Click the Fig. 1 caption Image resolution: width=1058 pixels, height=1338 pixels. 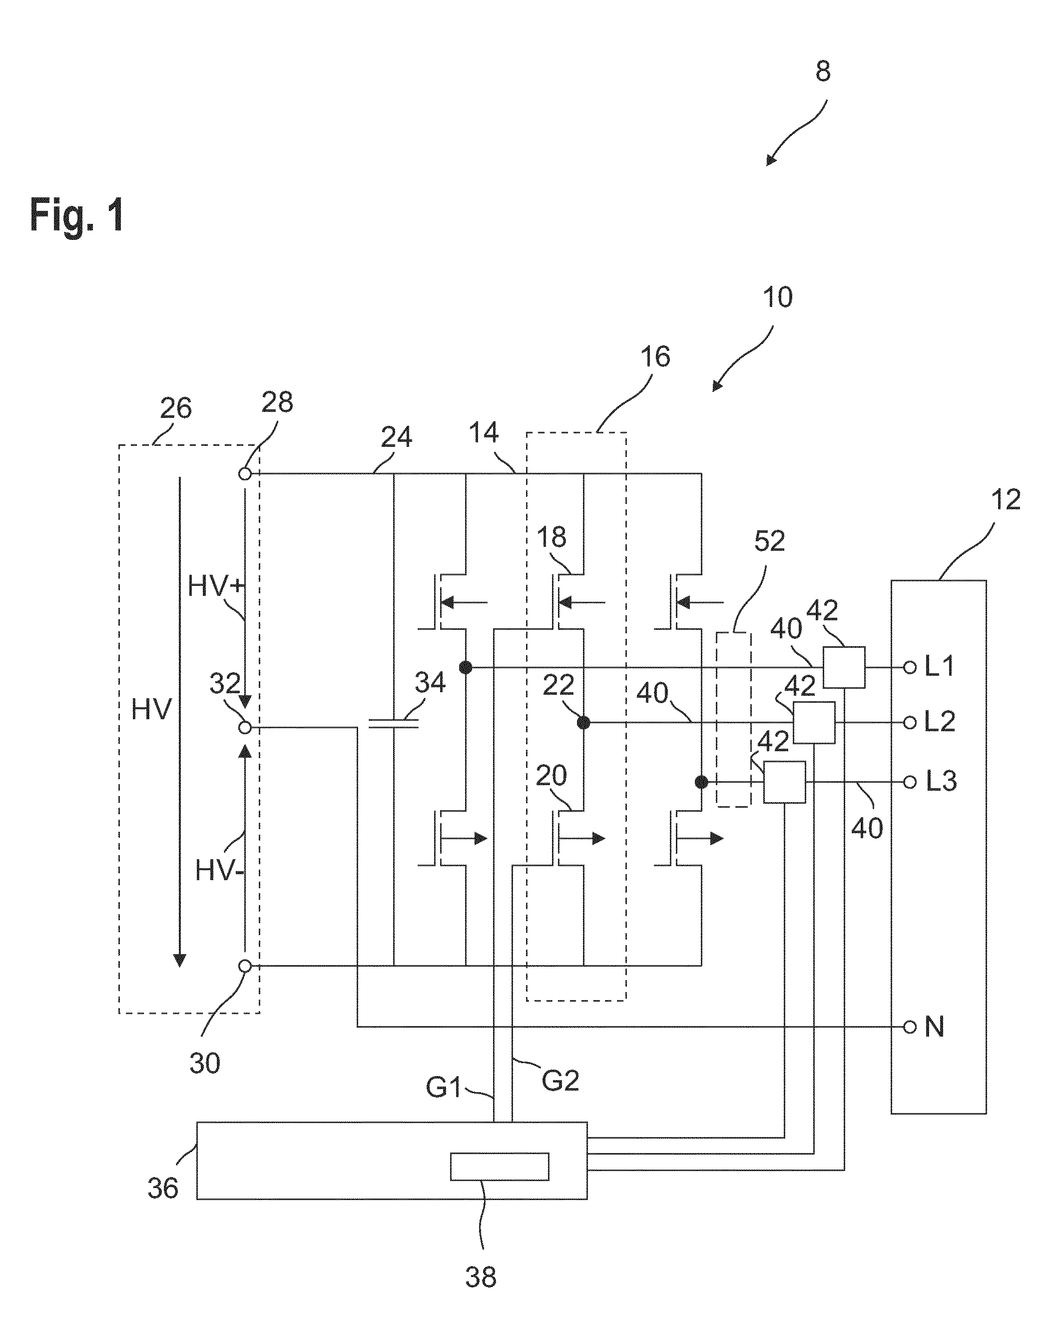pos(77,215)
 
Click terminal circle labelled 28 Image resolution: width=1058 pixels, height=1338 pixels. pos(245,474)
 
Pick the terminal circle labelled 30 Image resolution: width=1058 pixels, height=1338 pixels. pos(245,966)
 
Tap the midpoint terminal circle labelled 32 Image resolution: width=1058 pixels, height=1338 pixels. pos(245,728)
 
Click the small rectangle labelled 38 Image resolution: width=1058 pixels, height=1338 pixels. pos(499,1167)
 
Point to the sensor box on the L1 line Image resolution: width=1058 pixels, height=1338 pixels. pos(844,667)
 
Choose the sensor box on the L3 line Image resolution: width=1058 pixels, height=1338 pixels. pos(784,782)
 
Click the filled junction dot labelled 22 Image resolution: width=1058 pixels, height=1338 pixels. pos(583,723)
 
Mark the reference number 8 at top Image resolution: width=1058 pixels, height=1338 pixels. pos(823,72)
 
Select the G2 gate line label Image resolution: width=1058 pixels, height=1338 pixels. pos(560,1081)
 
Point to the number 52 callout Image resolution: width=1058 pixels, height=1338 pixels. pos(769,542)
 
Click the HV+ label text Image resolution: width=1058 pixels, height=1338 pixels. pos(216,586)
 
